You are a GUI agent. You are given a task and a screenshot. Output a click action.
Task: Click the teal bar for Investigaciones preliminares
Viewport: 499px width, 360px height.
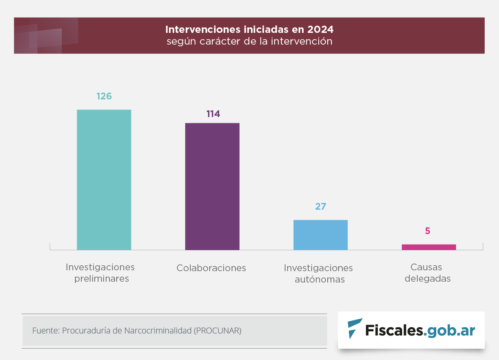pos(104,180)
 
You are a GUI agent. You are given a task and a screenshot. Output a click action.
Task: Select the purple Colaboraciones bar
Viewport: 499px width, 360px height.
pos(212,187)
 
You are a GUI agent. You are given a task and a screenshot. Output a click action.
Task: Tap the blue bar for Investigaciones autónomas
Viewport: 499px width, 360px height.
pos(320,235)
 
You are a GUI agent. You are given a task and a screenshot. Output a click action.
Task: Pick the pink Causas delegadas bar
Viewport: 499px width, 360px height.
pos(429,247)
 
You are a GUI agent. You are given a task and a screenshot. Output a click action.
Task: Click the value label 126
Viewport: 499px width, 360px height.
pos(104,96)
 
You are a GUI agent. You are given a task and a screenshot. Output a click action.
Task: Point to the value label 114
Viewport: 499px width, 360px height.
pos(213,114)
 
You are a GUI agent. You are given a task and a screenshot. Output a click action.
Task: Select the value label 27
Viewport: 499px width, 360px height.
pos(321,206)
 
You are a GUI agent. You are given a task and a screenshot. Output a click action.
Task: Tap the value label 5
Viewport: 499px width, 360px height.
pos(427,231)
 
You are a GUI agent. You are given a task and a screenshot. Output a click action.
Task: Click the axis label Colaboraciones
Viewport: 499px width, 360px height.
pos(211,268)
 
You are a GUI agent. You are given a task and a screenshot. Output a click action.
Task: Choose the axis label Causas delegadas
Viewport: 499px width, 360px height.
pos(427,273)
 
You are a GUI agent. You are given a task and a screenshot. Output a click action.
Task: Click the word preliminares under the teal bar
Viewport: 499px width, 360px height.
pos(101,279)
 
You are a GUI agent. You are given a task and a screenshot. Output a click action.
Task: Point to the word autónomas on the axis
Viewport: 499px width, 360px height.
pos(320,280)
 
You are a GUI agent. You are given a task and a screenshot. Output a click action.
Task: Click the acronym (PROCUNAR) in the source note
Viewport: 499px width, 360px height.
pos(217,331)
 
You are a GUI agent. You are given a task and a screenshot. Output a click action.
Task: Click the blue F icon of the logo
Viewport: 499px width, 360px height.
pos(355,328)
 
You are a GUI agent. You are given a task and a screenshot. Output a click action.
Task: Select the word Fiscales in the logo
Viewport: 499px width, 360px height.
pos(394,331)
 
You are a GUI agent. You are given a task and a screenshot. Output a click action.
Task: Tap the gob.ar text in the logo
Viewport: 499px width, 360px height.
pos(450,331)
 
